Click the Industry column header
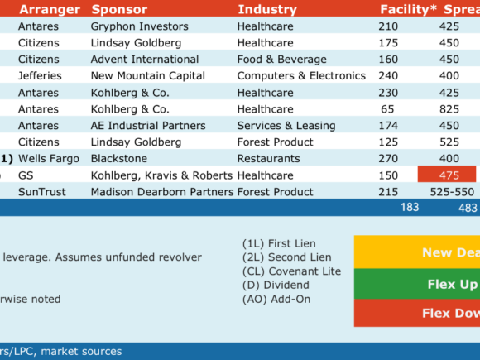click(x=267, y=9)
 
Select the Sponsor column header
click(x=119, y=10)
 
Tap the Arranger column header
click(x=50, y=10)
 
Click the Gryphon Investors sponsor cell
click(x=139, y=26)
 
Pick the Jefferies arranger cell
click(x=40, y=76)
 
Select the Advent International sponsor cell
click(x=145, y=60)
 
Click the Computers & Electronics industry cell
click(x=301, y=76)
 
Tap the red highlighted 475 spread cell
click(x=447, y=174)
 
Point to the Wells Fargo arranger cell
click(x=49, y=159)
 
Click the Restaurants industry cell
click(x=268, y=159)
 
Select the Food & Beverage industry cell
click(x=281, y=60)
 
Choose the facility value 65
click(x=387, y=109)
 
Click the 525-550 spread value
click(x=452, y=192)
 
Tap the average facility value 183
click(x=410, y=207)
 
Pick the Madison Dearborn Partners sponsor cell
click(x=162, y=192)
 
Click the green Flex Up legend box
click(x=417, y=284)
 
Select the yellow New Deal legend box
click(x=417, y=252)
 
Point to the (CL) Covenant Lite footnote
click(x=291, y=271)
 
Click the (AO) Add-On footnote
click(x=276, y=299)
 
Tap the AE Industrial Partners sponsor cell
click(x=148, y=126)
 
